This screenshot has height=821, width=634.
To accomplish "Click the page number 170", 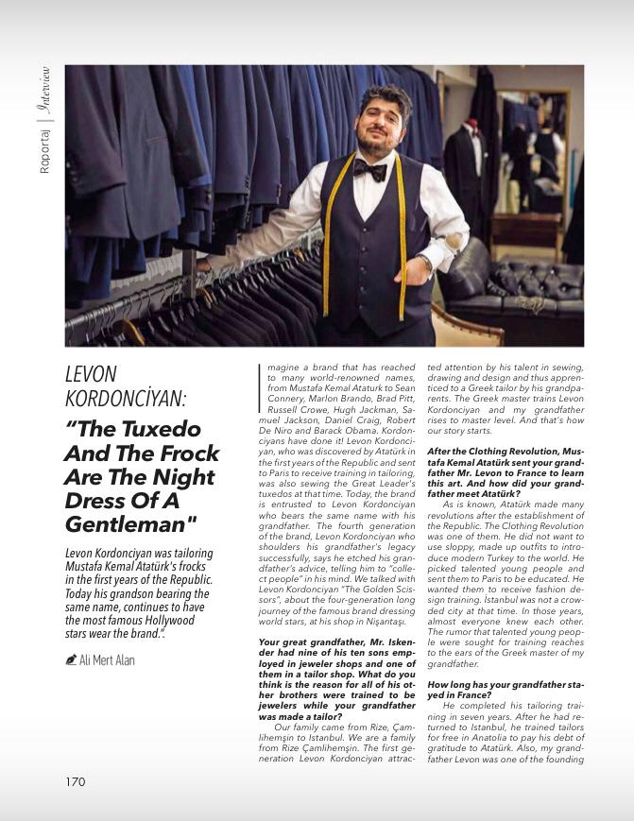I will point(76,781).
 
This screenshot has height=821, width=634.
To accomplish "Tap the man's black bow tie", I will point(369,170).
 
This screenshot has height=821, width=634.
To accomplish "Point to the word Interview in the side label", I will point(44,92).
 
